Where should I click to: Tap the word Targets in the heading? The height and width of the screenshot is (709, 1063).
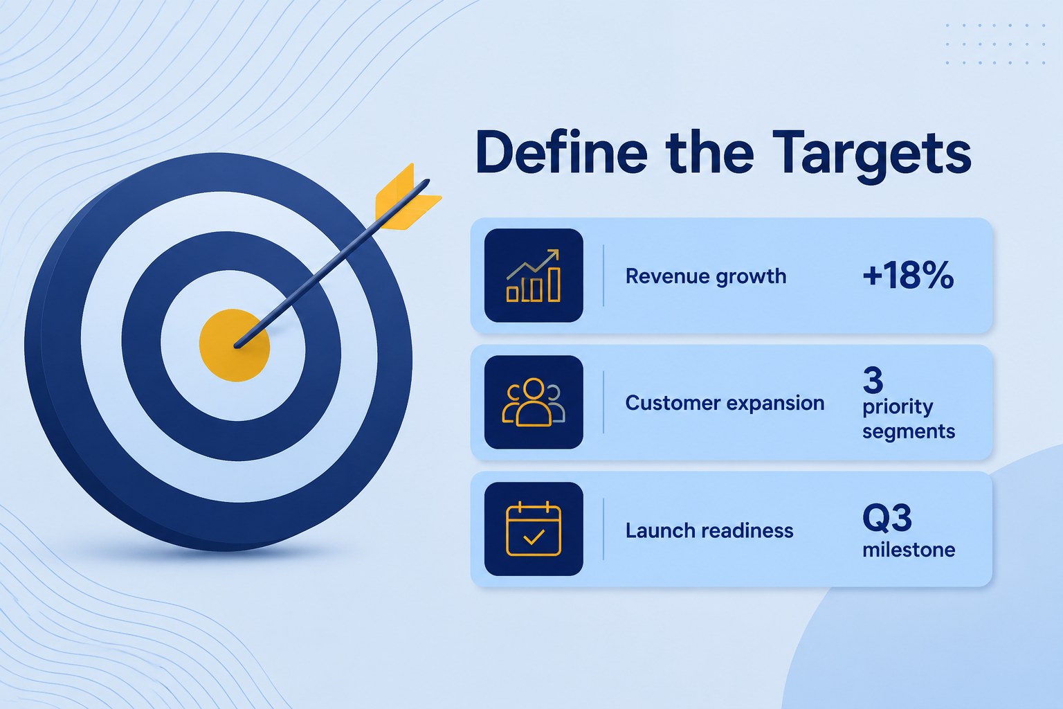(872, 156)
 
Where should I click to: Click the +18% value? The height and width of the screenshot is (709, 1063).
(908, 275)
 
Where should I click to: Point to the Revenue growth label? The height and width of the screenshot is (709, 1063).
(706, 276)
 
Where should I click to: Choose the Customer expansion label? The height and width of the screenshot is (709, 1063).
(725, 403)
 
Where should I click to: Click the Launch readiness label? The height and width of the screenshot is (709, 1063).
(709, 530)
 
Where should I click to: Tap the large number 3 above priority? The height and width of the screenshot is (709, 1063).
(873, 380)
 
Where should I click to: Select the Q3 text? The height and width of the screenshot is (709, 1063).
(887, 518)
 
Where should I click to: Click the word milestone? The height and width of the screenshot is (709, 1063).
(909, 550)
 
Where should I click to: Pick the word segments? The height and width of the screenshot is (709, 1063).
(908, 432)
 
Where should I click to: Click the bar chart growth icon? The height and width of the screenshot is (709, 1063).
(534, 276)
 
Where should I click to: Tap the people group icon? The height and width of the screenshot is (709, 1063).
(534, 402)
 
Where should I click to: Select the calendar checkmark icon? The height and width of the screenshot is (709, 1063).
(534, 528)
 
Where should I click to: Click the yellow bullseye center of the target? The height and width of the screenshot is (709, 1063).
(235, 345)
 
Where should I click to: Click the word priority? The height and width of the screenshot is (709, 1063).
(898, 408)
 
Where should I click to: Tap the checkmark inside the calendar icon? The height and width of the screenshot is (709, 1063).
(534, 537)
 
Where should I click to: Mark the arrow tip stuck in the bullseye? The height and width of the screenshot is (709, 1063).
(237, 345)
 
